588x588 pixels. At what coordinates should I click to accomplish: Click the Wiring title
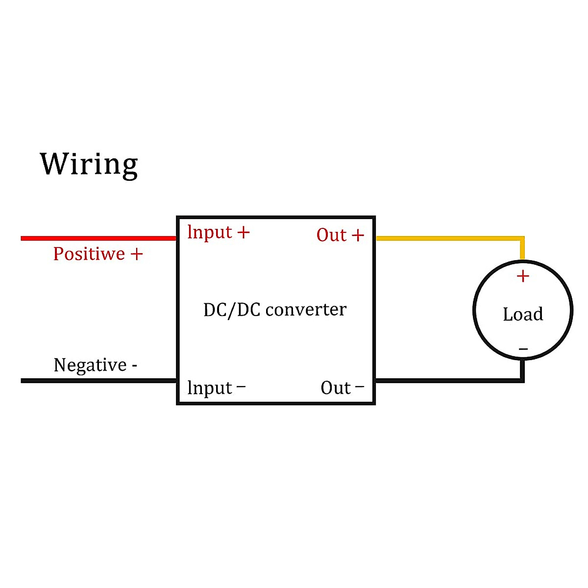[x=89, y=164]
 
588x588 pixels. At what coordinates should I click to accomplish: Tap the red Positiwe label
[x=89, y=254]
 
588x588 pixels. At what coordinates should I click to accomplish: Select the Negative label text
[x=90, y=365]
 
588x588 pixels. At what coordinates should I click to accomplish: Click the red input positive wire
[x=98, y=238]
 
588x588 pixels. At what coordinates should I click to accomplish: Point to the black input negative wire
[x=98, y=380]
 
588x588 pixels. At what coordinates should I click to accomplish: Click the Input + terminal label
[x=218, y=232]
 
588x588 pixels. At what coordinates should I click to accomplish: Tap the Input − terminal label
[x=216, y=388]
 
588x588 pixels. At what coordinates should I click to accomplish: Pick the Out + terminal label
[x=340, y=235]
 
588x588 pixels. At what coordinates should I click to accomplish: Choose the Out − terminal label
[x=342, y=388]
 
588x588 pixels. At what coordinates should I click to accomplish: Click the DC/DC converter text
[x=275, y=310]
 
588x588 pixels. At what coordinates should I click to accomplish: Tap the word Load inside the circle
[x=523, y=314]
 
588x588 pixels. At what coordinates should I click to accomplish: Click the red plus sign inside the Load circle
[x=523, y=276]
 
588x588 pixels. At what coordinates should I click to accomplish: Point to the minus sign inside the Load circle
[x=523, y=349]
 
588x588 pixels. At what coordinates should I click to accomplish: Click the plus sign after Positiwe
[x=137, y=254]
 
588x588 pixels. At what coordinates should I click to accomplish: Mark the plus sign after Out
[x=358, y=235]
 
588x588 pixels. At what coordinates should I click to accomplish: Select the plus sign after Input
[x=244, y=232]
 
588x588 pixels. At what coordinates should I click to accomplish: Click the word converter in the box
[x=306, y=310]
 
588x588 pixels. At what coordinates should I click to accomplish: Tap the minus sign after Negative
[x=134, y=366]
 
